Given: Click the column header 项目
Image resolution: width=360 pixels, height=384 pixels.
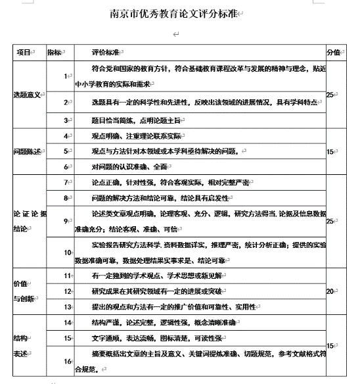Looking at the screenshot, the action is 24,53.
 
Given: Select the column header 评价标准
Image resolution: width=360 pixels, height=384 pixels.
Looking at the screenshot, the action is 106,53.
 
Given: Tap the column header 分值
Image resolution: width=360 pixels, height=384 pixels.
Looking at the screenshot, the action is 333,53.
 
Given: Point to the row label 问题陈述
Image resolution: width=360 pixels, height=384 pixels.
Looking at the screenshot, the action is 27,151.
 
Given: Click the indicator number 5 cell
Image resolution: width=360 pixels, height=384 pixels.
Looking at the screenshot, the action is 66,151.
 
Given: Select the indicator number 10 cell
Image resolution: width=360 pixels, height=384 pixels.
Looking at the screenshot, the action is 67,252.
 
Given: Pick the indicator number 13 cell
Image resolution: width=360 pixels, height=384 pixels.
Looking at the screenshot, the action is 67,306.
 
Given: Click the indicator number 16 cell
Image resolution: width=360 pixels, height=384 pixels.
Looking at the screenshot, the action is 67,361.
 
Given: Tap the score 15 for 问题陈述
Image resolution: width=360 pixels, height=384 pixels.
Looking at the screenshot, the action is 332,151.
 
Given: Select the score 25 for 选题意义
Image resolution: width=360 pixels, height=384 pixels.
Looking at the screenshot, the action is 331,94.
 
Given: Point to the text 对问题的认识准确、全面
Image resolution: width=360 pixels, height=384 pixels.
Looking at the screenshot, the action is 130,166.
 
